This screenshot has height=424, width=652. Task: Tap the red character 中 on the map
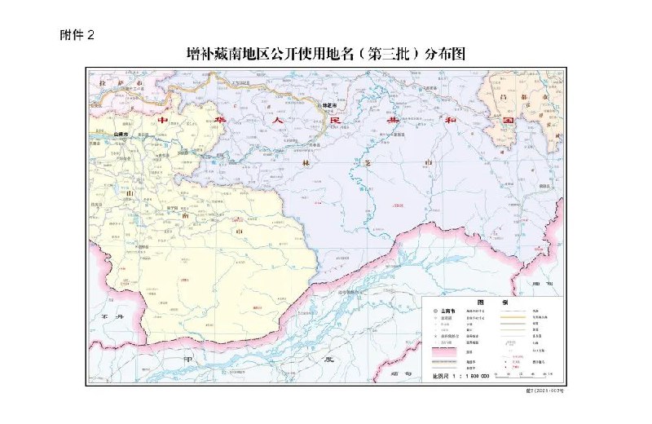162,120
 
